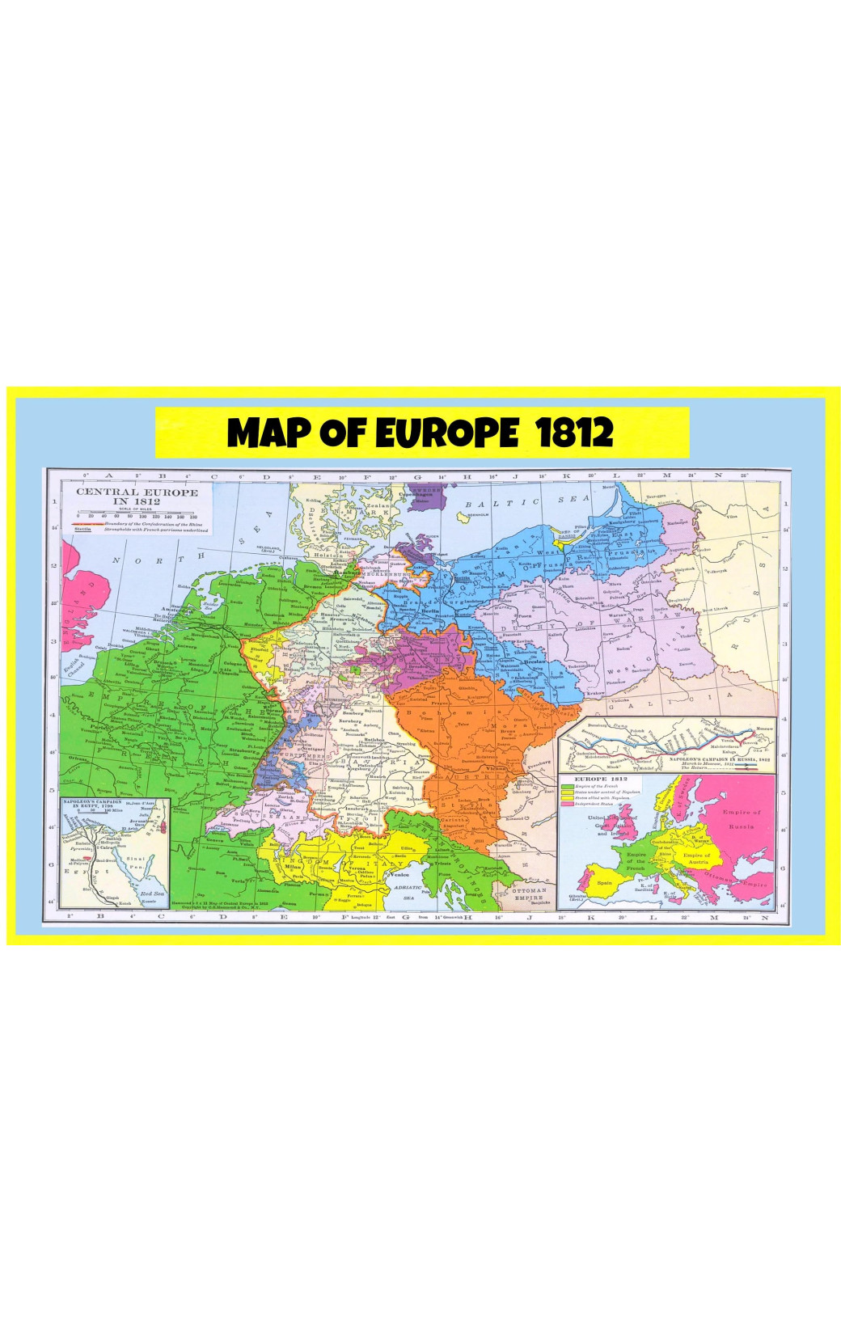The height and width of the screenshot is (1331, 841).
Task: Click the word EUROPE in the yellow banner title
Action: point(446,433)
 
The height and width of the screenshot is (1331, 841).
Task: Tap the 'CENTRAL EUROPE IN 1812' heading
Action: point(136,496)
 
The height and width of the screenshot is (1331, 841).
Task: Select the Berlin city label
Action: point(429,611)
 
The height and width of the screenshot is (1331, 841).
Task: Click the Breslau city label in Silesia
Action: point(535,662)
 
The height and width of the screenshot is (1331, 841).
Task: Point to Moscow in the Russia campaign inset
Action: point(763,729)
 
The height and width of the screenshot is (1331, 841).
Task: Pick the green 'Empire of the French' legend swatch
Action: point(567,786)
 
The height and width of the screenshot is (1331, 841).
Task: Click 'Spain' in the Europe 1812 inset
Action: point(603,882)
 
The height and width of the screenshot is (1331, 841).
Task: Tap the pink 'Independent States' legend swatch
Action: point(567,803)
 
